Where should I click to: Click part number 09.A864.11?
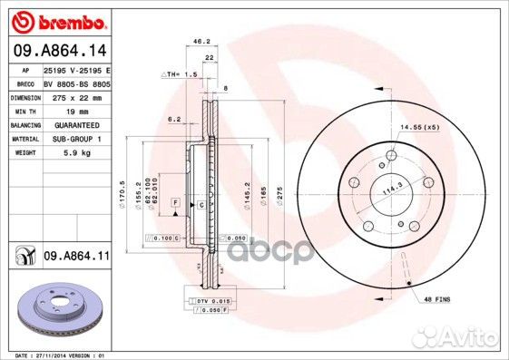tap(76, 258)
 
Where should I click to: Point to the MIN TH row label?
tap(23, 111)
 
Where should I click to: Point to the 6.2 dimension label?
tap(175, 119)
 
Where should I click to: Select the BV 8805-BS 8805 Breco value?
tap(77, 83)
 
